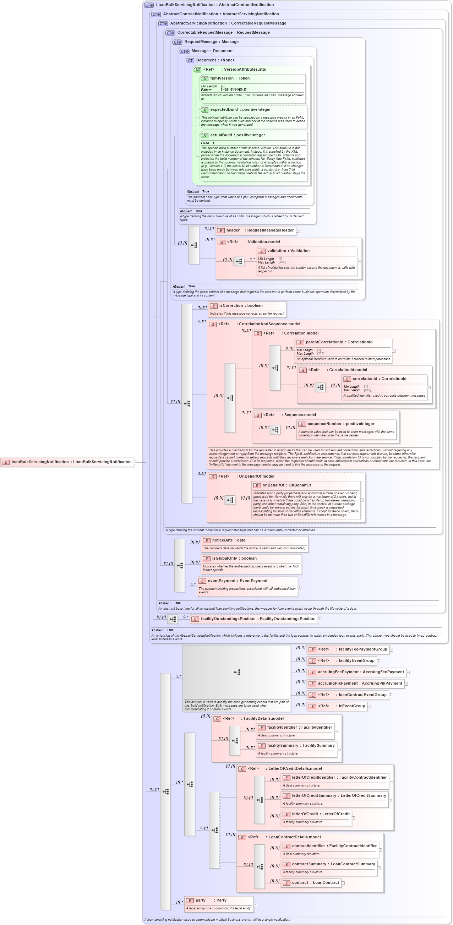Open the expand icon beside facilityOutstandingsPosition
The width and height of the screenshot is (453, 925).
click(x=320, y=619)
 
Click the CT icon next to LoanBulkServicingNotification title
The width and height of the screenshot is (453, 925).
click(x=149, y=5)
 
